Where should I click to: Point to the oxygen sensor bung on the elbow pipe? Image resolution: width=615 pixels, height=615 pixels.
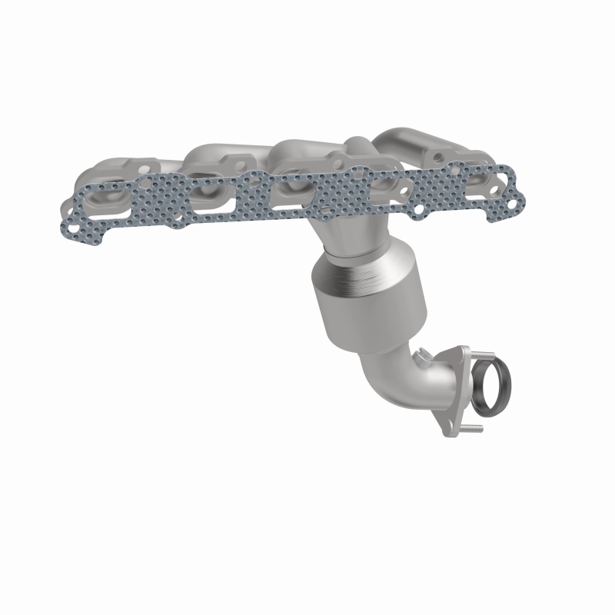pyautogui.click(x=421, y=356)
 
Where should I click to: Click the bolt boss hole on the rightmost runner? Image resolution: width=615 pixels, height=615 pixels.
pyautogui.click(x=437, y=158)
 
